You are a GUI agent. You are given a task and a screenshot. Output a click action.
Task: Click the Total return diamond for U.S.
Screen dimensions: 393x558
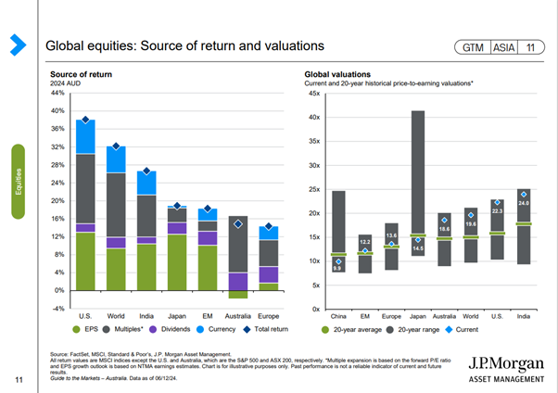85,120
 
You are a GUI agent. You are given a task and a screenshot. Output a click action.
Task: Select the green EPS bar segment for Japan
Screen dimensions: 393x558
177,262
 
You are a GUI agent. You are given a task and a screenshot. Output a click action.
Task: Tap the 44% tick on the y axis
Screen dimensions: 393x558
57,94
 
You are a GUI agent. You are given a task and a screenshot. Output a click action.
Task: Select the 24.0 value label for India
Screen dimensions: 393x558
524,203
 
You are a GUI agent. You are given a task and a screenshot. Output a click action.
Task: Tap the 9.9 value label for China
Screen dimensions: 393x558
338,268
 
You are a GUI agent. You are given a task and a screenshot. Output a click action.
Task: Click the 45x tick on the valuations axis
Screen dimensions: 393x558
314,94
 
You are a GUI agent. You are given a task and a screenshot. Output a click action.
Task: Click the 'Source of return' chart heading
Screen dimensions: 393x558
89,73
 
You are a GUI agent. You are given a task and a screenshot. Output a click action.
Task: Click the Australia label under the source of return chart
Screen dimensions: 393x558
238,304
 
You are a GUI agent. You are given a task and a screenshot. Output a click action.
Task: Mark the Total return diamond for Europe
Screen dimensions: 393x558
268,227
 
